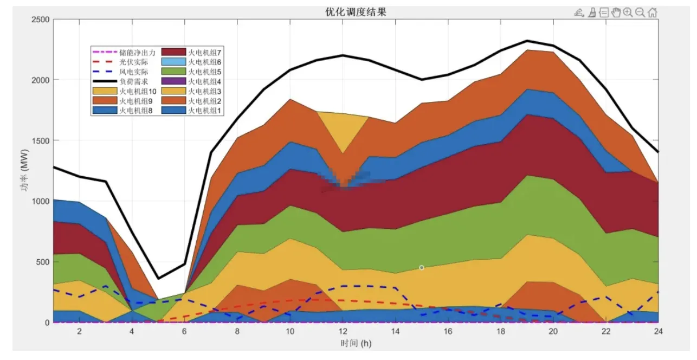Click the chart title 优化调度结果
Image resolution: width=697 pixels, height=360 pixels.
click(352, 11)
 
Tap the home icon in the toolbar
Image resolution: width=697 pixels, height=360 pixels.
click(653, 12)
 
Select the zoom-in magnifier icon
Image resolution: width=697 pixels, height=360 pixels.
click(628, 12)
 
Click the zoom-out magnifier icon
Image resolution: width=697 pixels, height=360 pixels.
click(640, 12)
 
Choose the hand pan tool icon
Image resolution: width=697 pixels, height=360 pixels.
click(616, 12)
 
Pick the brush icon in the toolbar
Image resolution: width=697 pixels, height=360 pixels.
click(592, 12)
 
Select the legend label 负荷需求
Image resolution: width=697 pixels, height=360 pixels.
click(133, 81)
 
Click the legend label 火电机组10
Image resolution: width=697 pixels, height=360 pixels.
click(138, 91)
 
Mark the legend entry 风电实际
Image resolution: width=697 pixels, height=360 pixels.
click(133, 72)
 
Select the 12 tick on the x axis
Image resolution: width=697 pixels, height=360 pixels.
click(343, 330)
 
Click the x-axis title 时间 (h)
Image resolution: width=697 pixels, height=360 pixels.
click(356, 343)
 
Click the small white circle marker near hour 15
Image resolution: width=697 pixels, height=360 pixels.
click(421, 267)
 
